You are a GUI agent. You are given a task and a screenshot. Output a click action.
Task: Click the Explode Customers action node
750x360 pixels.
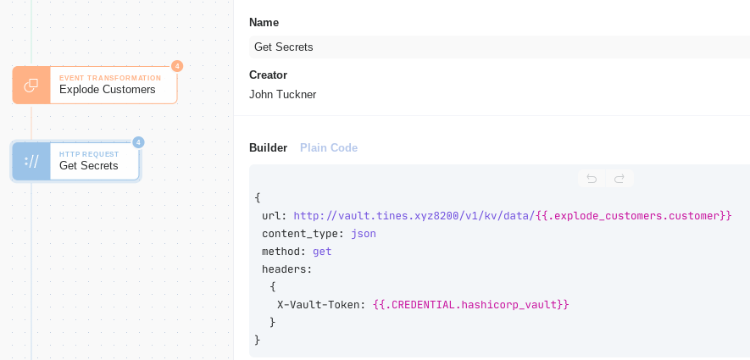pyautogui.click(x=95, y=85)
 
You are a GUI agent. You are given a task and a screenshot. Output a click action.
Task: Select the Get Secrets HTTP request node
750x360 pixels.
pyautogui.click(x=75, y=162)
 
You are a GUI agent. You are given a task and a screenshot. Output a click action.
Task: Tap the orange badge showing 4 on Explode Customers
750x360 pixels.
pyautogui.click(x=177, y=66)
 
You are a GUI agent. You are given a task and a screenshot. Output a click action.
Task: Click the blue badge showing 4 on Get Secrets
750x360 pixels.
pyautogui.click(x=138, y=142)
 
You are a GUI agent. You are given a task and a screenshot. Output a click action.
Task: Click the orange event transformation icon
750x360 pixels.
pyautogui.click(x=31, y=85)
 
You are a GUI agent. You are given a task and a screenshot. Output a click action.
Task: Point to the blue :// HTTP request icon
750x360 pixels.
pyautogui.click(x=31, y=162)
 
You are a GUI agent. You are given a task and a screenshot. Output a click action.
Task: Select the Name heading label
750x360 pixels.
pyautogui.click(x=264, y=23)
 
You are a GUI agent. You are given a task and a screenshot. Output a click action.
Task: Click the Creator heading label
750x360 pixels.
pyautogui.click(x=269, y=75)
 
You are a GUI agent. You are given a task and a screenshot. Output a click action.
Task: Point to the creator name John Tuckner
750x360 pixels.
pyautogui.click(x=283, y=95)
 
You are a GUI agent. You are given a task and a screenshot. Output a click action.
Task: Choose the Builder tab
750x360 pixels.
pyautogui.click(x=269, y=147)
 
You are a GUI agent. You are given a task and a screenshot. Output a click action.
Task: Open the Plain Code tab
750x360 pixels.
pyautogui.click(x=329, y=147)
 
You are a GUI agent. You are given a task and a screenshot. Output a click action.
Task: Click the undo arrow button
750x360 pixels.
pyautogui.click(x=592, y=179)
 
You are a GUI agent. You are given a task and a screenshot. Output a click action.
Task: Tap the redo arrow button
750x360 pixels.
pyautogui.click(x=619, y=179)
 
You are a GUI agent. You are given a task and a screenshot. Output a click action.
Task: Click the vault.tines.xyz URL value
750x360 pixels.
pyautogui.click(x=414, y=216)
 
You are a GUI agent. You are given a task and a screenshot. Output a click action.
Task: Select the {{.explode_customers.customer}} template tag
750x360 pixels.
pyautogui.click(x=634, y=216)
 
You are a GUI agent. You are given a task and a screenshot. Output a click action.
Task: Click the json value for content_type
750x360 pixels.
pyautogui.click(x=364, y=234)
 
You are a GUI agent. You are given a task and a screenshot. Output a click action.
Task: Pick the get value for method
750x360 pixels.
pyautogui.click(x=322, y=252)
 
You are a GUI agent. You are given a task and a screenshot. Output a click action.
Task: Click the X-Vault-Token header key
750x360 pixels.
pyautogui.click(x=321, y=305)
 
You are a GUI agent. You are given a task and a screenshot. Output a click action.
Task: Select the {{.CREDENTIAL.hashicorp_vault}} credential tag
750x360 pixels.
pyautogui.click(x=470, y=305)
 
